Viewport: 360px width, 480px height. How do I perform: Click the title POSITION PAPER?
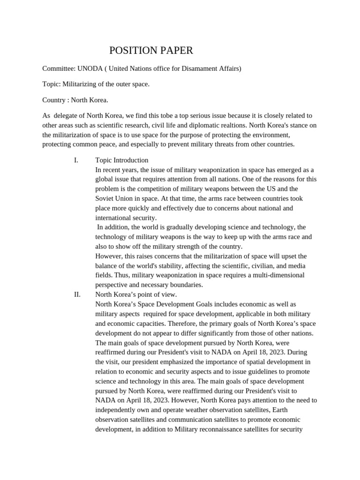tap(151, 51)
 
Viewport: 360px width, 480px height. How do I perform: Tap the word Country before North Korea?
tap(54, 100)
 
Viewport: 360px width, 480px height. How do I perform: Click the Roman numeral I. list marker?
tap(76, 160)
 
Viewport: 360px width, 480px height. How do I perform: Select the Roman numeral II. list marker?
tap(77, 294)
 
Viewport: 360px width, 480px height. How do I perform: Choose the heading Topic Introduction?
tap(122, 160)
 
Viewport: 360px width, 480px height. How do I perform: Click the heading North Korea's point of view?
tap(136, 294)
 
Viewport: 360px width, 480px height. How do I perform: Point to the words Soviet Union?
tap(114, 198)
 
